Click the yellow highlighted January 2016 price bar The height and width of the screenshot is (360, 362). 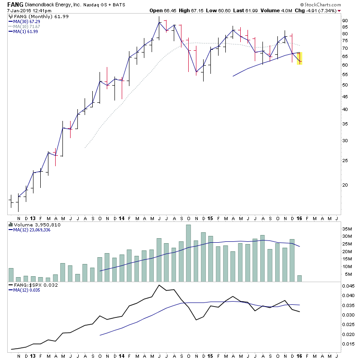[299, 58]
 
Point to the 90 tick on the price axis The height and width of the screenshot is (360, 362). [345, 21]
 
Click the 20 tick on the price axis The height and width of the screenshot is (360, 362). [345, 185]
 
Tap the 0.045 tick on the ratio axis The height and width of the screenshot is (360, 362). [348, 286]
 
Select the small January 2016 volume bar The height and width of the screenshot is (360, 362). [299, 278]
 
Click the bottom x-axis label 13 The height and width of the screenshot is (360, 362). [33, 356]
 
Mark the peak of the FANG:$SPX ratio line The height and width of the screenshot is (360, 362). [159, 285]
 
